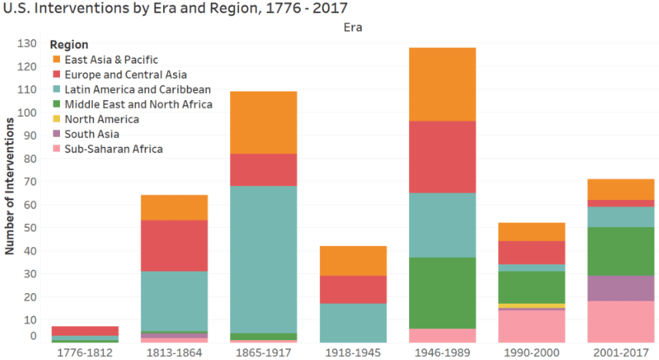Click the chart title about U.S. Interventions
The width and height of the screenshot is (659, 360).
(x=176, y=9)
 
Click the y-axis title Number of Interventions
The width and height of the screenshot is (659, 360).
(x=10, y=185)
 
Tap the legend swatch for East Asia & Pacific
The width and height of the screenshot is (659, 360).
(x=56, y=59)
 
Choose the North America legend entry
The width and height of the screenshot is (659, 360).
(x=102, y=119)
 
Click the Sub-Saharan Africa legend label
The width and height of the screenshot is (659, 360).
(x=114, y=148)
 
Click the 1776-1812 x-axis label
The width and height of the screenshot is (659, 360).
(x=85, y=352)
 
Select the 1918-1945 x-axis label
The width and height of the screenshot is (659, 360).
(x=353, y=352)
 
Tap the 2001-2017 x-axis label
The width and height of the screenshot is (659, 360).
(x=621, y=352)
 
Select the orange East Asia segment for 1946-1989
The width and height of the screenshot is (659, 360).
(x=442, y=84)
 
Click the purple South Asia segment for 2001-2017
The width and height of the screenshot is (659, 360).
(x=621, y=288)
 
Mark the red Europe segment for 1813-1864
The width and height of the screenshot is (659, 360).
(x=175, y=245)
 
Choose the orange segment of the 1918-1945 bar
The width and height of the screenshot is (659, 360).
(x=353, y=261)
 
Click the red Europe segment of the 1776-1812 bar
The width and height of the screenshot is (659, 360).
(x=85, y=331)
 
